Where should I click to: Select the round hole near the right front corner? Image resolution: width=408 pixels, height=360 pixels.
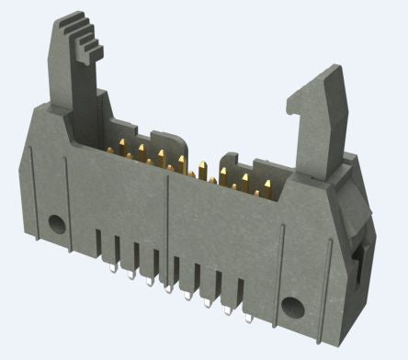click(292, 307)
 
